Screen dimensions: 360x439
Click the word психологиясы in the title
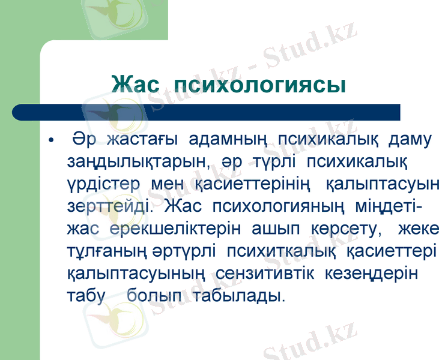[259, 85]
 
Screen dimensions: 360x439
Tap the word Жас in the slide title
[136, 85]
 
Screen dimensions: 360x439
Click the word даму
[410, 140]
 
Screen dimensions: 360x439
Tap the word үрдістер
[103, 184]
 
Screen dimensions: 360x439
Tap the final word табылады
[239, 295]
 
